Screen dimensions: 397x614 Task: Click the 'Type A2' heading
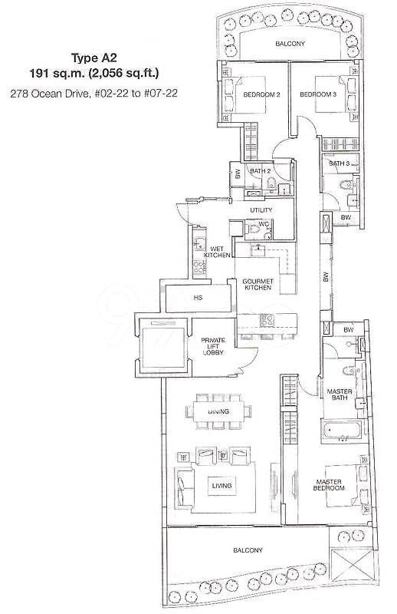pyautogui.click(x=94, y=58)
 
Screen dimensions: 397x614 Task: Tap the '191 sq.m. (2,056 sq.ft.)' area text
pyautogui.click(x=94, y=73)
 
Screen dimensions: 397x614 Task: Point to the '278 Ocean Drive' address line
pyautogui.click(x=94, y=93)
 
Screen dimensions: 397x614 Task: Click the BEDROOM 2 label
pyautogui.click(x=261, y=94)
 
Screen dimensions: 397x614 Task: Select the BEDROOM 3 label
pyautogui.click(x=318, y=94)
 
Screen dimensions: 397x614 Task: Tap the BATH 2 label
pyautogui.click(x=260, y=171)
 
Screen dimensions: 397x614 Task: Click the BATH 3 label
pyautogui.click(x=339, y=163)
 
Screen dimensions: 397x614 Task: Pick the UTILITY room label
pyautogui.click(x=261, y=210)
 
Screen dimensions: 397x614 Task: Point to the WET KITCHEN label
pyautogui.click(x=217, y=252)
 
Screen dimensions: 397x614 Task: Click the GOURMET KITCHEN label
pyautogui.click(x=258, y=284)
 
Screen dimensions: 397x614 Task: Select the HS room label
pyautogui.click(x=198, y=298)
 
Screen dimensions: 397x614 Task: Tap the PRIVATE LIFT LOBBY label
pyautogui.click(x=213, y=346)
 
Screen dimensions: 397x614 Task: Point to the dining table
pyautogui.click(x=218, y=411)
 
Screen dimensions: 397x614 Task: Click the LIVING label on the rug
pyautogui.click(x=221, y=486)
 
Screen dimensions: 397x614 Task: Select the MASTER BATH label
pyautogui.click(x=339, y=394)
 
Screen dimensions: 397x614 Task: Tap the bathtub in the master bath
pyautogui.click(x=340, y=431)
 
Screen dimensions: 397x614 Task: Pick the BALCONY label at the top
pyautogui.click(x=290, y=44)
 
